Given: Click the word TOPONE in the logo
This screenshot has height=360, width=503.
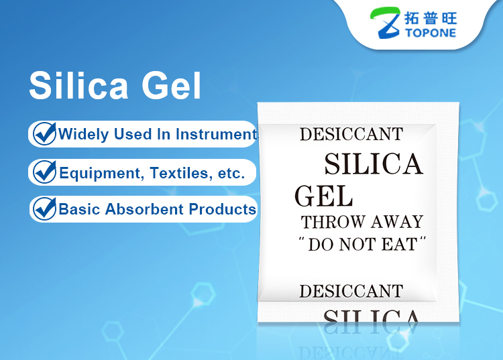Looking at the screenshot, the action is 430,33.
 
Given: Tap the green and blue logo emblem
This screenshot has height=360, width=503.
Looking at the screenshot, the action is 385,23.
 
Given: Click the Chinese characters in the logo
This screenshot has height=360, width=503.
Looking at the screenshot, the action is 431,18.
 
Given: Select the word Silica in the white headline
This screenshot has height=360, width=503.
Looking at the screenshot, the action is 78,85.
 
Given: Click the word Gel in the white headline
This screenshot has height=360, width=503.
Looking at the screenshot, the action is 171,85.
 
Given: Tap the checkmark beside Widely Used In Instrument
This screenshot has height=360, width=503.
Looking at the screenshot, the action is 44,133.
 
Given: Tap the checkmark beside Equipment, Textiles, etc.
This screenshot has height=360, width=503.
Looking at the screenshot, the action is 44,172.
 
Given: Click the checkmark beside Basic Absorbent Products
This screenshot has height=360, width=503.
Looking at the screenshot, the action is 44,208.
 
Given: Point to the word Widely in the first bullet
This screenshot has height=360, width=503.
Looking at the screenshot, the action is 83,135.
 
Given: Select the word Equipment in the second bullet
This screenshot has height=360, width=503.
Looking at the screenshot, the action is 100,174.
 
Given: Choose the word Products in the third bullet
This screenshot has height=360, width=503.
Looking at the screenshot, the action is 222,210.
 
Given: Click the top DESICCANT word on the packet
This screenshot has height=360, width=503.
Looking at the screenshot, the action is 351,134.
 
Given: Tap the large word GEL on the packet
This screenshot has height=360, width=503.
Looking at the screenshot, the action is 324,196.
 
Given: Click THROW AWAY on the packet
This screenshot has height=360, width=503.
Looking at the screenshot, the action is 362,222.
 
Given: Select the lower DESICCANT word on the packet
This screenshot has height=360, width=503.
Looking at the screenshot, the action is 351,292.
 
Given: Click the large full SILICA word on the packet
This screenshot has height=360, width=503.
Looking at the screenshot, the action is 374,164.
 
